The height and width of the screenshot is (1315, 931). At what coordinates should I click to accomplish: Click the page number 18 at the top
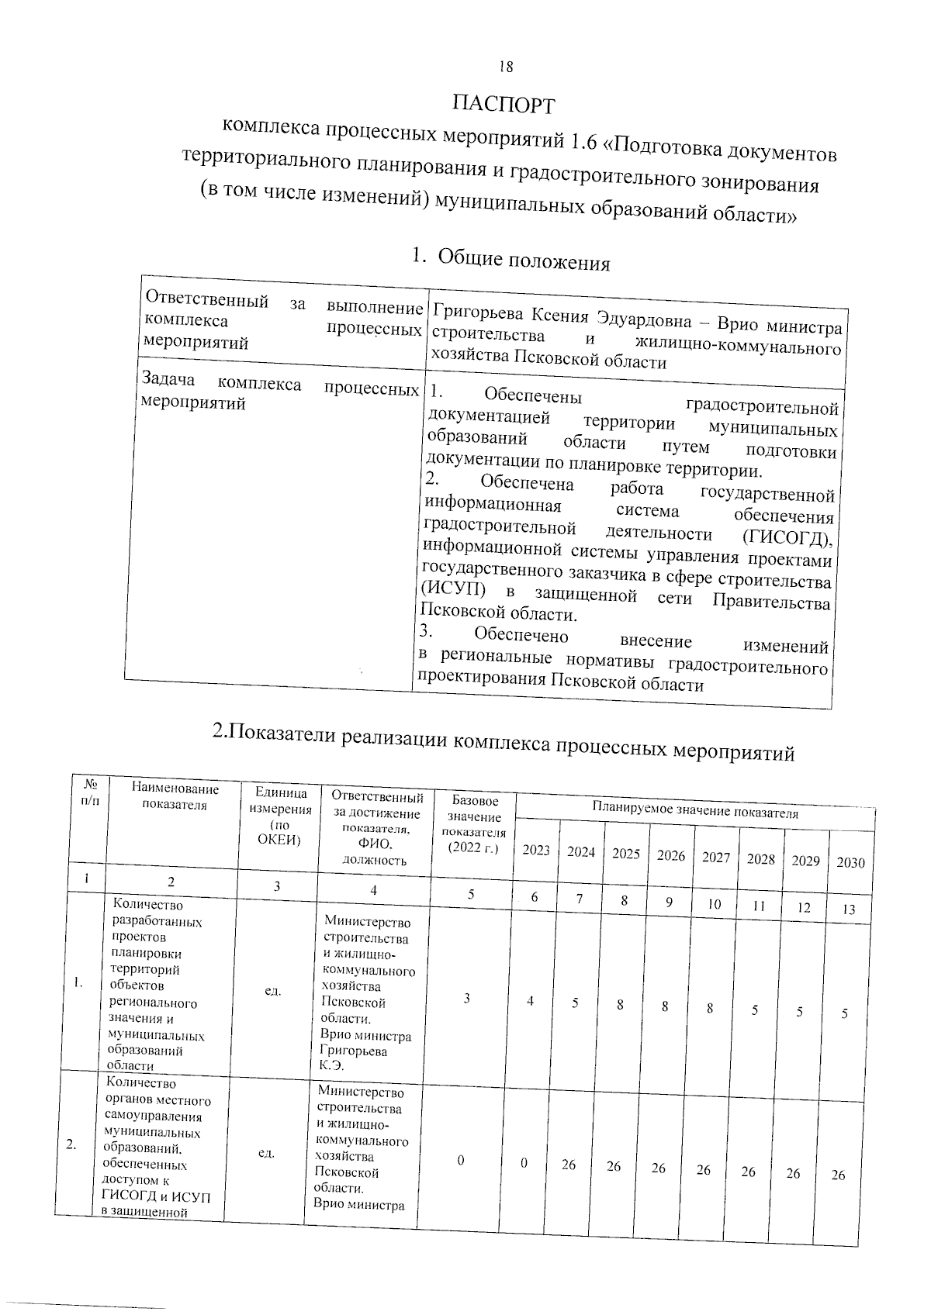point(505,67)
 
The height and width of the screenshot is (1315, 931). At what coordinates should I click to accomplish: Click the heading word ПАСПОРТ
point(504,103)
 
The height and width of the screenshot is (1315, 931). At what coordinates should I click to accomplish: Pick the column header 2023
point(536,850)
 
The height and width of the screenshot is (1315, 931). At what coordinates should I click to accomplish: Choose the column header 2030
point(850,862)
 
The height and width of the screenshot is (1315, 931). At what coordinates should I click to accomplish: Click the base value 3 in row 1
point(467,999)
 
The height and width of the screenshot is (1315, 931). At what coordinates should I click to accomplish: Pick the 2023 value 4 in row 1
point(531,1001)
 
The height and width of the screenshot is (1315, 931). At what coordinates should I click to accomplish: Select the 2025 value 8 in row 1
point(620,1005)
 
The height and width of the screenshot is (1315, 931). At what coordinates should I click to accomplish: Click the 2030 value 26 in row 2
point(838,1175)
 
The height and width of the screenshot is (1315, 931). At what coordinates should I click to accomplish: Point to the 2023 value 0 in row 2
point(524,1163)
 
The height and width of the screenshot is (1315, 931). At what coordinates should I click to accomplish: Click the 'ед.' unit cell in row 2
point(265,1154)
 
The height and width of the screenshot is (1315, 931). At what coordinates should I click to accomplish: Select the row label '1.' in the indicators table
point(78,983)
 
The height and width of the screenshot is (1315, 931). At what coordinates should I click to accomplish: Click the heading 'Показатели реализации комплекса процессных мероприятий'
point(504,740)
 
